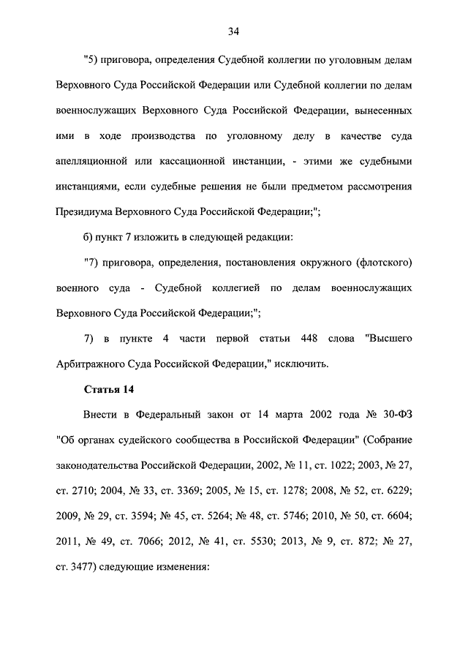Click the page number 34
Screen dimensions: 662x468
click(x=233, y=31)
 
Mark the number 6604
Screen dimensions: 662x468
click(x=396, y=515)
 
